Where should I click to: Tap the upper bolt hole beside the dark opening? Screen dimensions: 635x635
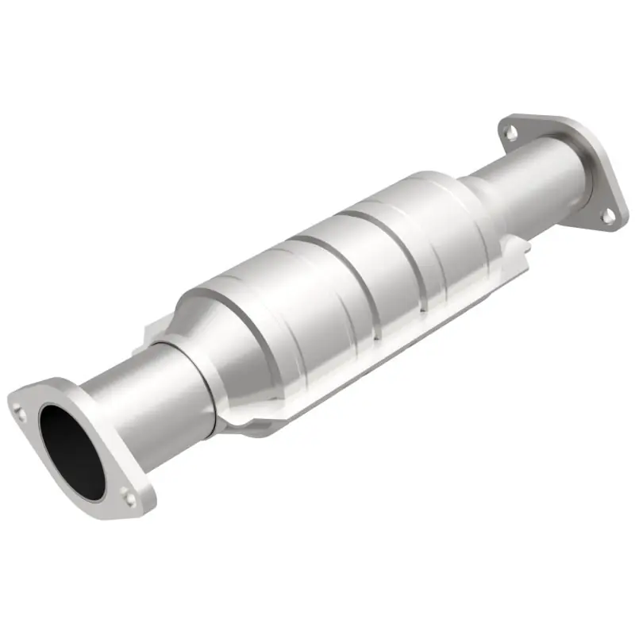(20, 410)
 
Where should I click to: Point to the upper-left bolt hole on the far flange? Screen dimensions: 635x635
(513, 133)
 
